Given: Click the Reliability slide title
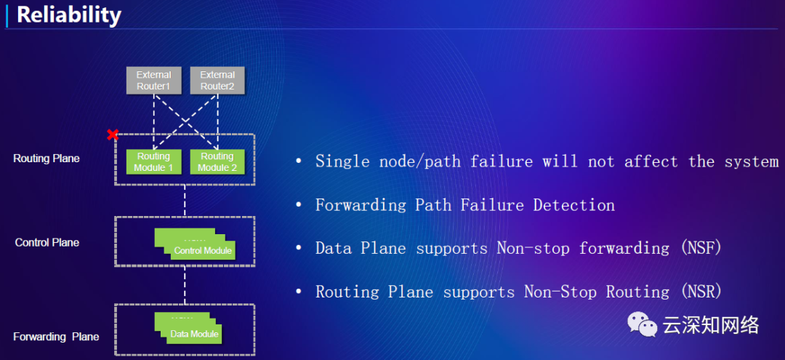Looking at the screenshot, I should coord(69,15).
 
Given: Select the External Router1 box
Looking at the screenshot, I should coord(153,80).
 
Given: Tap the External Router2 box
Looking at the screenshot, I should coord(217,80).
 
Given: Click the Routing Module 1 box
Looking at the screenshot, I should coord(153,161).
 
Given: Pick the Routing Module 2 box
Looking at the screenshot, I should coord(217,161).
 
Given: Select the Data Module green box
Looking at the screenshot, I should coord(194,334).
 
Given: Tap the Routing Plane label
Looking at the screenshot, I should coord(47,159).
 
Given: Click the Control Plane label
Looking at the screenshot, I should coord(47,242).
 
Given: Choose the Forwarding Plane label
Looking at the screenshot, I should coord(56,337).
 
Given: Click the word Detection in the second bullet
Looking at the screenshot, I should coord(574,205).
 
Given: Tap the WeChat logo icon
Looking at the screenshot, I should coord(643,324).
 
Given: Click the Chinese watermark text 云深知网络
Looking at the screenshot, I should coord(710,325).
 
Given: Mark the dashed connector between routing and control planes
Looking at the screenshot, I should coord(185,201).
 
